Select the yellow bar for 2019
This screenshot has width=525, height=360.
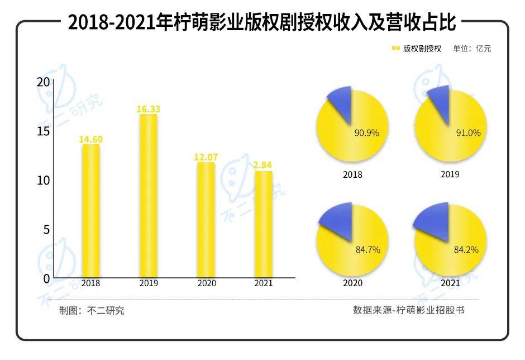pyautogui.click(x=148, y=196)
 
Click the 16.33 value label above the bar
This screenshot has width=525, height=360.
pyautogui.click(x=148, y=109)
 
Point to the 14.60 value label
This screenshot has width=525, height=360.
pyautogui.click(x=90, y=139)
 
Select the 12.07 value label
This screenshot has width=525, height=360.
pyautogui.click(x=206, y=158)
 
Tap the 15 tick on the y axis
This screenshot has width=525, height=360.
pyautogui.click(x=43, y=131)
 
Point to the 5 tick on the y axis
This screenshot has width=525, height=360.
pyautogui.click(x=46, y=229)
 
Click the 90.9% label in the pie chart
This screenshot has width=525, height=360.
pyautogui.click(x=367, y=133)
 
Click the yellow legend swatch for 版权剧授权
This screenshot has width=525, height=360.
pyautogui.click(x=396, y=49)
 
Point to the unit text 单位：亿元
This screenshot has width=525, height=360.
pyautogui.click(x=472, y=49)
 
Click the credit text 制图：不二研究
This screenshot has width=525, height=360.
pyautogui.click(x=92, y=311)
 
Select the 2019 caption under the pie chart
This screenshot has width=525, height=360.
pyautogui.click(x=450, y=174)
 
